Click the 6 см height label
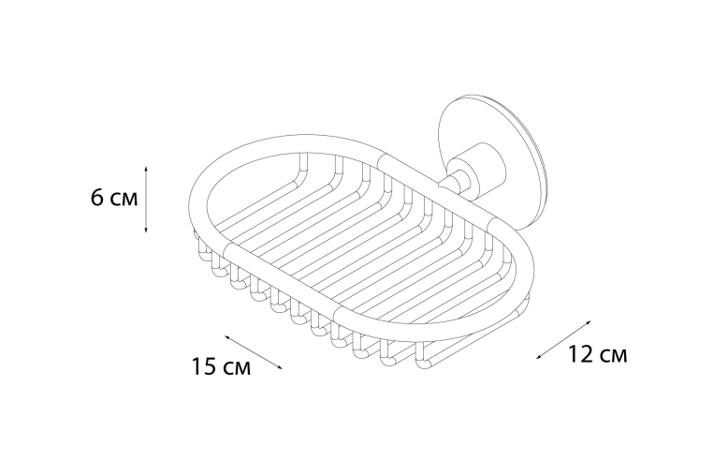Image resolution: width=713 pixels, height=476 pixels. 114,198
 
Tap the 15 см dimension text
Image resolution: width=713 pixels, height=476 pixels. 221,366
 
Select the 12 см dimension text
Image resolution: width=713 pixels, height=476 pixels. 598,354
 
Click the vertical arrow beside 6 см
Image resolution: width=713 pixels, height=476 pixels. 146,199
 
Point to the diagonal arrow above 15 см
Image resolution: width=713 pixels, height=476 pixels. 254,352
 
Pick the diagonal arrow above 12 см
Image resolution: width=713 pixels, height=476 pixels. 564,340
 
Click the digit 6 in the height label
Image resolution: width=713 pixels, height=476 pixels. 97,198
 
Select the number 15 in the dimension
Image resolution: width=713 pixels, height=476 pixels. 204,366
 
